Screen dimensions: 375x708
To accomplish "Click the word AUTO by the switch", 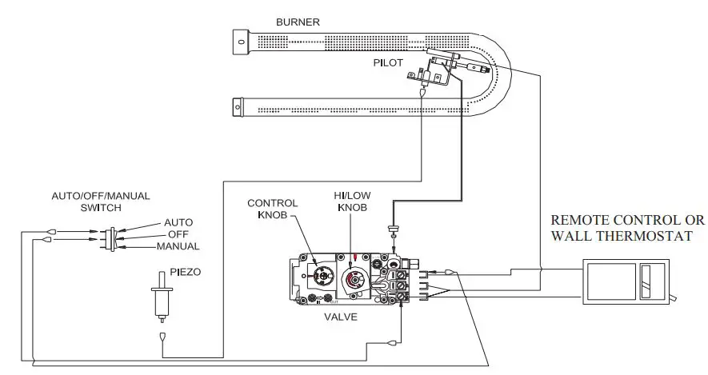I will (x=178, y=222).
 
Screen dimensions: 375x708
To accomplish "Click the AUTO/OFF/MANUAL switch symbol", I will (x=112, y=237).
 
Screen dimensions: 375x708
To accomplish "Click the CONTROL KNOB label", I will (x=273, y=209).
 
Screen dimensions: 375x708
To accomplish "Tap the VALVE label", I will (x=341, y=317).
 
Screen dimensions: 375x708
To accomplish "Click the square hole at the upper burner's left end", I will (x=239, y=39).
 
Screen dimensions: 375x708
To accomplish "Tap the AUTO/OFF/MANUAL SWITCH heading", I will (x=101, y=201).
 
